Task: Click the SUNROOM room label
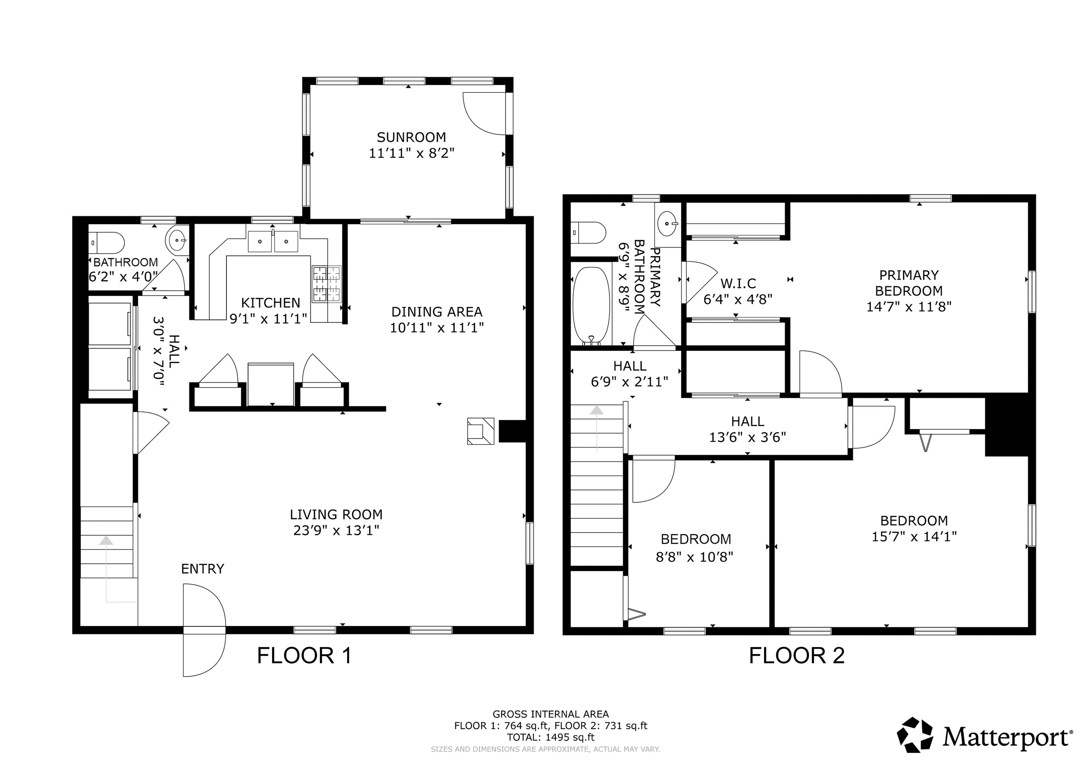411,137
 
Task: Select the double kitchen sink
273,241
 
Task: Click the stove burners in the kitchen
327,284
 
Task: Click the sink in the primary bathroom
668,223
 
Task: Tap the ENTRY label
202,569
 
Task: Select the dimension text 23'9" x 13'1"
336,530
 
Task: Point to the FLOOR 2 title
797,656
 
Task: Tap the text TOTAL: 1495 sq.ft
550,737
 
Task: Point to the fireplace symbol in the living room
480,431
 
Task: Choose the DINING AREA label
436,312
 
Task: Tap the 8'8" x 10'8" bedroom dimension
694,556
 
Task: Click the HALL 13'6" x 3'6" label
747,429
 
